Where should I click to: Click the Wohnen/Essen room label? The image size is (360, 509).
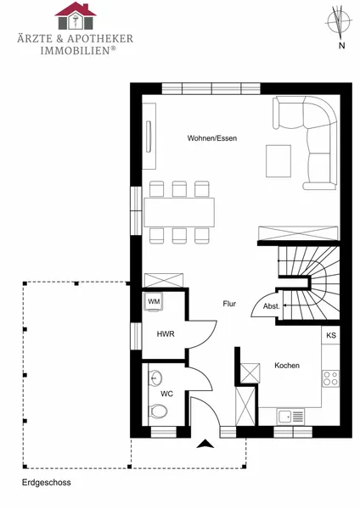pyautogui.click(x=212, y=138)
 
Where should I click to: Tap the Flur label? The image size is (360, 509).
pyautogui.click(x=229, y=304)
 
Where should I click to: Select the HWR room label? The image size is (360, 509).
pyautogui.click(x=166, y=334)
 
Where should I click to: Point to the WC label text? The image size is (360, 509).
pyautogui.click(x=166, y=394)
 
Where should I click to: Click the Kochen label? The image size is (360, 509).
pyautogui.click(x=287, y=366)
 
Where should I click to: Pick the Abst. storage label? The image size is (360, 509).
pyautogui.click(x=272, y=306)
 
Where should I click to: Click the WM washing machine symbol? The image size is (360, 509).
pyautogui.click(x=154, y=302)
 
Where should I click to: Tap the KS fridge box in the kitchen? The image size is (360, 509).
pyautogui.click(x=331, y=335)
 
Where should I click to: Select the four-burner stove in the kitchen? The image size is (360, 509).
pyautogui.click(x=331, y=378)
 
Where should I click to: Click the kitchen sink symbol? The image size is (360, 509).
pyautogui.click(x=291, y=417)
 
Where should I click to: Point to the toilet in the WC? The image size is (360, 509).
pyautogui.click(x=158, y=411)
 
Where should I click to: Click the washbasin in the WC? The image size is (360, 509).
pyautogui.click(x=155, y=378)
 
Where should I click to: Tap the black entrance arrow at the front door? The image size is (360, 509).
pyautogui.click(x=205, y=444)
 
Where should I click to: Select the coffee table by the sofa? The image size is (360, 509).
pyautogui.click(x=278, y=161)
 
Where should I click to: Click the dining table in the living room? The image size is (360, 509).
pyautogui.click(x=179, y=212)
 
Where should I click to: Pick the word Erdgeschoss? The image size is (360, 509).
pyautogui.click(x=47, y=483)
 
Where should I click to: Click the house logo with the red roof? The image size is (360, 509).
pyautogui.click(x=76, y=16)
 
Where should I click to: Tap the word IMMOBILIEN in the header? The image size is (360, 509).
pyautogui.click(x=76, y=51)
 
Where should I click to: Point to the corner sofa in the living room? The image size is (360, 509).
pyautogui.click(x=306, y=143)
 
